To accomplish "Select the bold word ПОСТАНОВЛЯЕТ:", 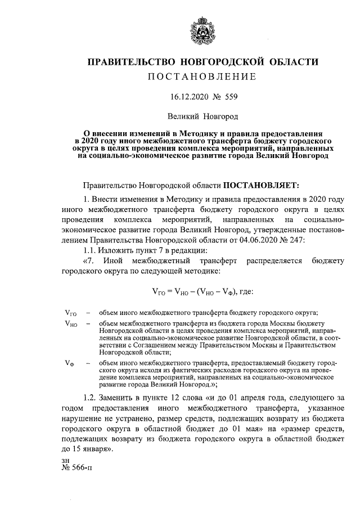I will coord(263,185).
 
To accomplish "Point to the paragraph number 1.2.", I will coord(91,398).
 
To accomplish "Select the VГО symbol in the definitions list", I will coord(71,313).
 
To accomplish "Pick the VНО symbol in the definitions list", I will coord(71,324).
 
